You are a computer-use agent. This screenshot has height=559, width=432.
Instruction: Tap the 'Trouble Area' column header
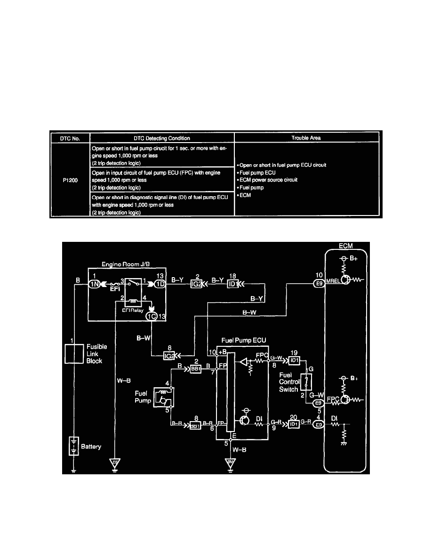[306, 137]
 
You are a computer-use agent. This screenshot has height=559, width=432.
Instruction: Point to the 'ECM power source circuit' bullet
[268, 180]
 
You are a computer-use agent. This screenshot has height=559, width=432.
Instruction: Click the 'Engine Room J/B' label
[124, 265]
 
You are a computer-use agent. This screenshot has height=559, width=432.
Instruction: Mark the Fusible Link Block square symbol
[75, 353]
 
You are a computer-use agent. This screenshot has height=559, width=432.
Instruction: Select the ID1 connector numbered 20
[294, 424]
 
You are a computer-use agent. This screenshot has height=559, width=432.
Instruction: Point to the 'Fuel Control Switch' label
[288, 382]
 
